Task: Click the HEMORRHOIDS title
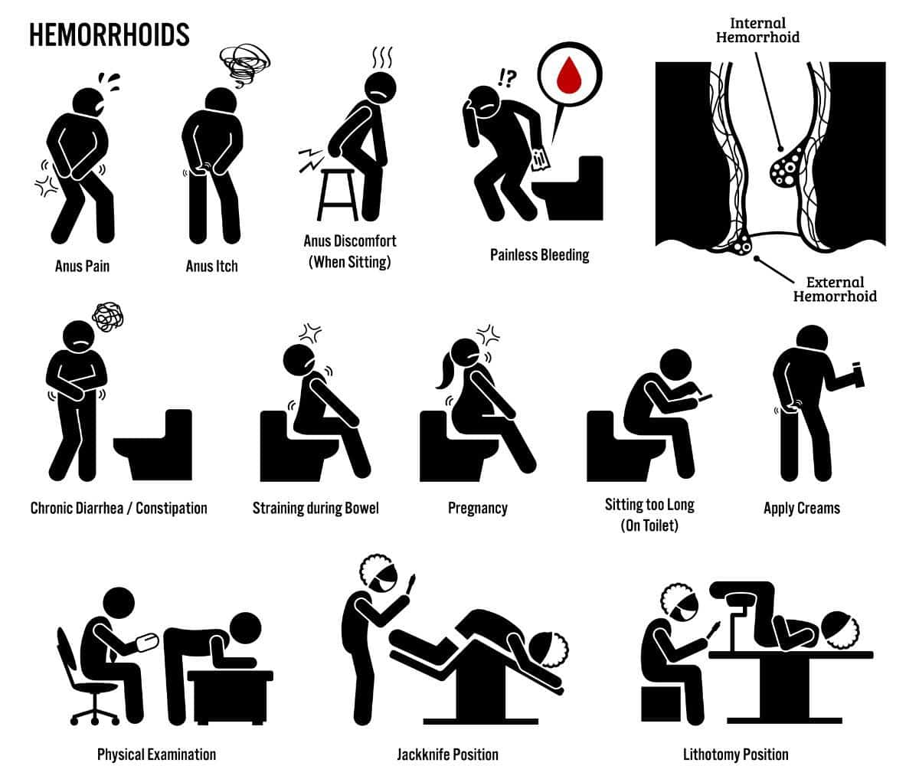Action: point(110,34)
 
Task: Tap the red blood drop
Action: point(569,76)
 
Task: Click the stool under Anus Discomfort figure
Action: point(338,195)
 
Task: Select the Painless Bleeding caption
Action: point(540,255)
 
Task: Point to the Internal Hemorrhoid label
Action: point(757,31)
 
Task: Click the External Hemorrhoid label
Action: point(835,290)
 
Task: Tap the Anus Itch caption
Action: point(211,266)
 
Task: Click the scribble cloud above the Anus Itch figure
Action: point(245,65)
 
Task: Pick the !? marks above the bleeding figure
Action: point(507,78)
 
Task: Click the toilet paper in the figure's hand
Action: point(541,159)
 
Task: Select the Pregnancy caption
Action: point(478,508)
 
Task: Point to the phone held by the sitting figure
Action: point(705,398)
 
